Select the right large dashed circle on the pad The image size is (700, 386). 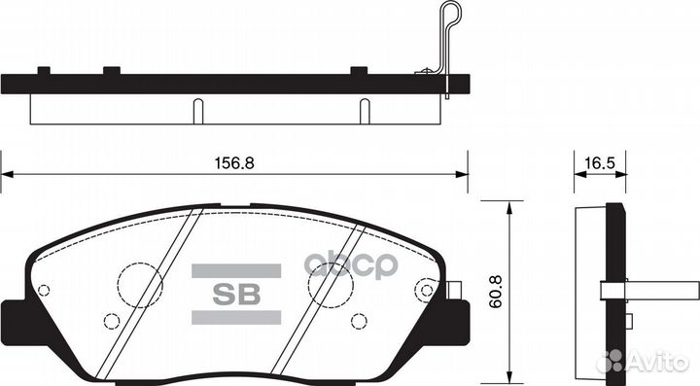click(330, 285)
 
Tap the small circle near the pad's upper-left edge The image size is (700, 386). click(43, 289)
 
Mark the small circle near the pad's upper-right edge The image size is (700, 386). click(424, 289)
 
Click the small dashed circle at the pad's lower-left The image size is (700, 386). click(111, 322)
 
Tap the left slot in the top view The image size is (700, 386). click(196, 110)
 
